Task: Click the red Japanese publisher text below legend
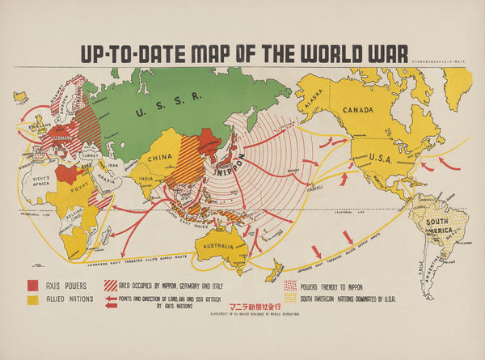point(247,307)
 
